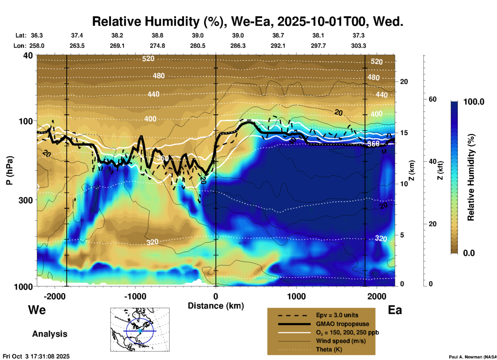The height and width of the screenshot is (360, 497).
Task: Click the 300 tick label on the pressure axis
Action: pos(26,200)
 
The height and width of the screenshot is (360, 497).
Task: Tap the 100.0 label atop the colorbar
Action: pos(474,102)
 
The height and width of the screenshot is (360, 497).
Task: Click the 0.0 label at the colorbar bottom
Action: pos(469,253)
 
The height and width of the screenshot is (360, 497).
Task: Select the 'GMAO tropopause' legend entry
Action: pos(342,324)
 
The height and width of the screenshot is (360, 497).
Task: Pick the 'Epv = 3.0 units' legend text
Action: pos(337,315)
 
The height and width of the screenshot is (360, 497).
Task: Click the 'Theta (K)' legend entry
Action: pos(329,349)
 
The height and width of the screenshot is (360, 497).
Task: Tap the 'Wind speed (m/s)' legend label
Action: pos(341,341)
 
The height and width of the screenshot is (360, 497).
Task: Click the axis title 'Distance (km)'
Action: pos(216,306)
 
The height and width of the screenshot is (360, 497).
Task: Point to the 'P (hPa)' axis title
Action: pos(10,170)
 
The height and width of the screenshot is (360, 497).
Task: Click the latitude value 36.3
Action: pos(37,35)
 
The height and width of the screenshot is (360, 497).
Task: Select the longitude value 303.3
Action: pos(358,46)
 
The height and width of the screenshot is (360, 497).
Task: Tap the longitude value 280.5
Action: pos(198,46)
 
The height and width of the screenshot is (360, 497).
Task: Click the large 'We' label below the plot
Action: pos(37,310)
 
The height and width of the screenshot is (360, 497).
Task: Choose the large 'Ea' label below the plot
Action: pos(395,310)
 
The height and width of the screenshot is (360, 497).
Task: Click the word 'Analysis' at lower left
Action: pos(50,334)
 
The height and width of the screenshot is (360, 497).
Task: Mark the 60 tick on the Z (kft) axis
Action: pos(432,99)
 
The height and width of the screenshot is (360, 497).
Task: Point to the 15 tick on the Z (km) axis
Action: pos(404,133)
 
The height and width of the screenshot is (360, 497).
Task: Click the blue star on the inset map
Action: pos(140,331)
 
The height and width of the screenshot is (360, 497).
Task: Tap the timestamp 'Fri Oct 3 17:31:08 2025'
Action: pos(36,356)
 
